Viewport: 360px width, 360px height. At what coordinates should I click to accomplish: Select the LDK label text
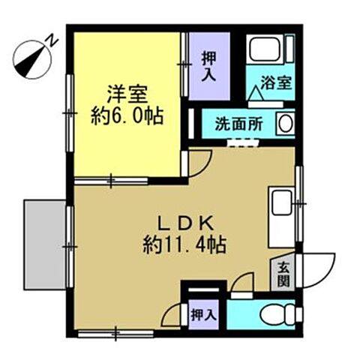184,223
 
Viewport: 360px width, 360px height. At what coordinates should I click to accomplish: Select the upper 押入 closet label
208,64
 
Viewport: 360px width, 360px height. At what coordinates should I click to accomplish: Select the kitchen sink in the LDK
280,203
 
